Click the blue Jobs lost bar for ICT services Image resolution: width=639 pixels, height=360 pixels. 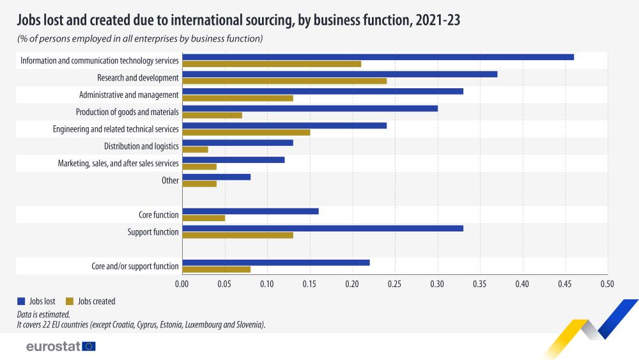[378, 57]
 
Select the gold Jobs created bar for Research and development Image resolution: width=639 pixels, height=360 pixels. [284, 81]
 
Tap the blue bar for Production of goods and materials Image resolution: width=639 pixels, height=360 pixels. [310, 108]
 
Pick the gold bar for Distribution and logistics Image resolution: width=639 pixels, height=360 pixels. [195, 150]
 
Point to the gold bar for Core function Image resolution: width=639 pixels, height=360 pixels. [203, 218]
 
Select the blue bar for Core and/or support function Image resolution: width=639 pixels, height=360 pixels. [276, 262]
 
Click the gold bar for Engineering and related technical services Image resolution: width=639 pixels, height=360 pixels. [246, 132]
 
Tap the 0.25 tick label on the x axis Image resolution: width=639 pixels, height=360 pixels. [395, 283]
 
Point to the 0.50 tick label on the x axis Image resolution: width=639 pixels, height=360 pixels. [607, 283]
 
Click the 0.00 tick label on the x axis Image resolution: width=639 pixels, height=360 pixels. [182, 283]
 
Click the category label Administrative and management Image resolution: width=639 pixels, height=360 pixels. [128, 95]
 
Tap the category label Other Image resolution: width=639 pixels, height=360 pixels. [170, 180]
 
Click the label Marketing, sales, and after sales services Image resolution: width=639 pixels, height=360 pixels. [118, 163]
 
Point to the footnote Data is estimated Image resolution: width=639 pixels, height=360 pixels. [43, 315]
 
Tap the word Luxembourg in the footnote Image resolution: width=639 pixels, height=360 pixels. [206, 325]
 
